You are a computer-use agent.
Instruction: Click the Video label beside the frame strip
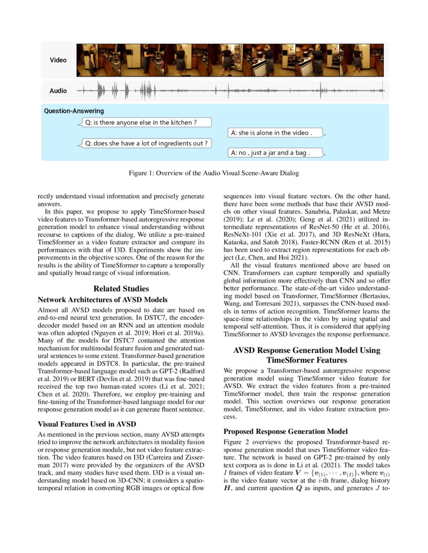tap(58, 60)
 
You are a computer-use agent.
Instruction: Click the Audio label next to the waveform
tap(58, 91)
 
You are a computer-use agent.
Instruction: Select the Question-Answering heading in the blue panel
tap(74, 111)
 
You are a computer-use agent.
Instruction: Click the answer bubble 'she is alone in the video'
tap(275, 133)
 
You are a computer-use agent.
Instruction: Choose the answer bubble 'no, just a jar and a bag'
tap(274, 152)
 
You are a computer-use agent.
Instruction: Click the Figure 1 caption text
tap(214, 173)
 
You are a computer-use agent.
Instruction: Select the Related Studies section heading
tap(121, 289)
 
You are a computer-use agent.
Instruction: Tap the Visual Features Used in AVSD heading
tap(89, 423)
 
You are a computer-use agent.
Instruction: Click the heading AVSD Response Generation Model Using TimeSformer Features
tap(307, 355)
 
